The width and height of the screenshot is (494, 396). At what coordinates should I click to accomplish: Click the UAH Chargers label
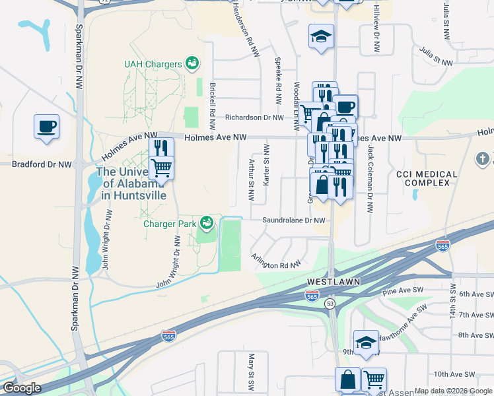(153, 64)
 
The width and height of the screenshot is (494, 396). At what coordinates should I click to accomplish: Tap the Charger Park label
(170, 224)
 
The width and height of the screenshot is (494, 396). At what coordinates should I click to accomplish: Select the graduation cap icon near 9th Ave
(365, 343)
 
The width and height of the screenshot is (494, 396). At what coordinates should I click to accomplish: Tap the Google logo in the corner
(22, 388)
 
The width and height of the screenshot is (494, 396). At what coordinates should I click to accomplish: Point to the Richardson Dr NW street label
(254, 117)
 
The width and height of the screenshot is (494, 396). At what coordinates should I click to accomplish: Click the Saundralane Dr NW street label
(294, 220)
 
